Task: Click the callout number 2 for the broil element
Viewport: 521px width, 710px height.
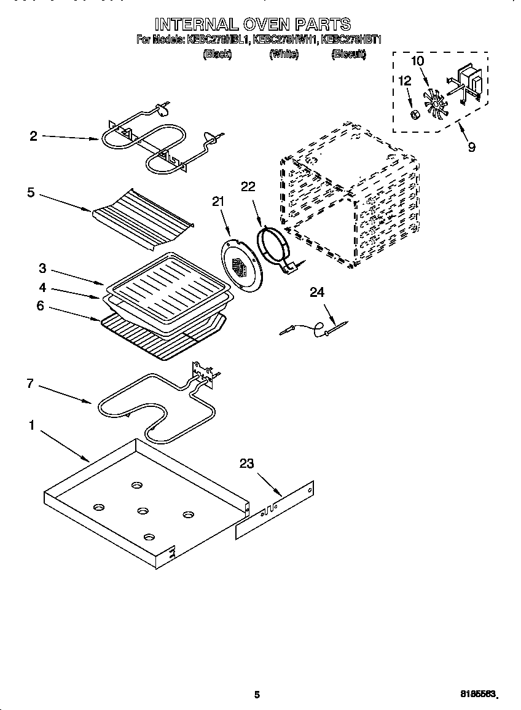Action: coord(33,136)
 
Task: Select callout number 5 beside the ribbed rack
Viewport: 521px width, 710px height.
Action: coord(31,192)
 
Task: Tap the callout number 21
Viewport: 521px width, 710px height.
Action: coord(218,202)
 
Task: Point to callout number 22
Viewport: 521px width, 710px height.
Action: coord(248,187)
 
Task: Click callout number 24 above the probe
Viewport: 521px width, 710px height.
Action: coord(316,293)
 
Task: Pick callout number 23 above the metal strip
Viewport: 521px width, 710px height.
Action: coord(246,464)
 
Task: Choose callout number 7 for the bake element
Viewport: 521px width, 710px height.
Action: coord(29,384)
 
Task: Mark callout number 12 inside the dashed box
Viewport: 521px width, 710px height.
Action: coord(404,81)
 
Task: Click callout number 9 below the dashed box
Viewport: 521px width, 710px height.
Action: coord(471,148)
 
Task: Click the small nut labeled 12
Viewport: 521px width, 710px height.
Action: coord(415,115)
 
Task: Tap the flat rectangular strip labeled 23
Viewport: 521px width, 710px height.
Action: coord(276,511)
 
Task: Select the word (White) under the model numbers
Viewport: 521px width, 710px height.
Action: coord(284,54)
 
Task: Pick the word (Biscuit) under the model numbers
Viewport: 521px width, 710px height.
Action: coord(348,54)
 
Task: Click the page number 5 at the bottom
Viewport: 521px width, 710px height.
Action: coord(257,695)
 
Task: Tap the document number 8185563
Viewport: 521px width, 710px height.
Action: coord(477,694)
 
